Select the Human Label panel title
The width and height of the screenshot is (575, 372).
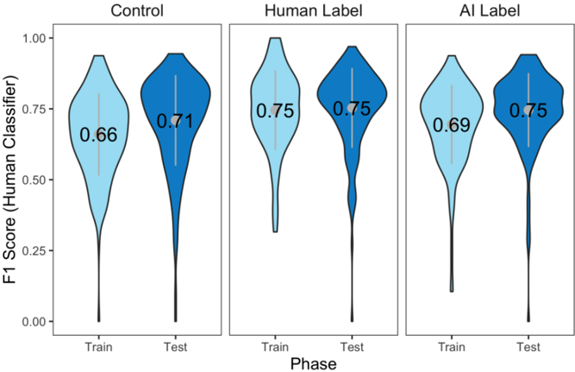tap(313, 12)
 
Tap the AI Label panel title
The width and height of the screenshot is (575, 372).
tap(490, 12)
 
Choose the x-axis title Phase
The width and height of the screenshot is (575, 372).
tap(313, 363)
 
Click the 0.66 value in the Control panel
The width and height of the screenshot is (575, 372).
tap(98, 135)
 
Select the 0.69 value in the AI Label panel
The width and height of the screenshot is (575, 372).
tap(451, 125)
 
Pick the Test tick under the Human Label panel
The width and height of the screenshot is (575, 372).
tap(352, 346)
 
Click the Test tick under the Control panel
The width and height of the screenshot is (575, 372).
tap(176, 346)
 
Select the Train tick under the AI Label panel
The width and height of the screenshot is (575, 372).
tap(451, 346)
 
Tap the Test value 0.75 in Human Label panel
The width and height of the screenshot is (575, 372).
tap(352, 109)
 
